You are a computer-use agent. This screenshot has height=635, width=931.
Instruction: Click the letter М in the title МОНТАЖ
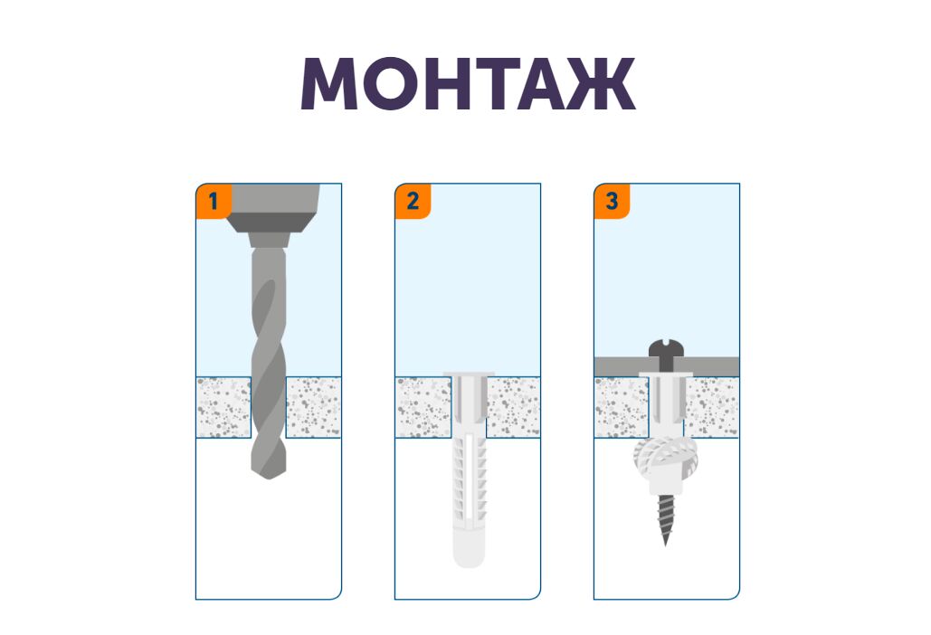pyautogui.click(x=329, y=84)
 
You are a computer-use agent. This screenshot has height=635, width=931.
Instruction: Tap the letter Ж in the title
pyautogui.click(x=601, y=84)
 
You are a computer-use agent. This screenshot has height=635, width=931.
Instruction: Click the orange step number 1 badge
pyautogui.click(x=214, y=201)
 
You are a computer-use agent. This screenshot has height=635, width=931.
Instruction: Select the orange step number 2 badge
pyautogui.click(x=413, y=201)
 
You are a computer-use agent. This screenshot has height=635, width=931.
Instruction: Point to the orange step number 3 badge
pyautogui.click(x=612, y=201)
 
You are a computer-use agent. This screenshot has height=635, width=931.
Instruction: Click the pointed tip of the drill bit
pyautogui.click(x=269, y=477)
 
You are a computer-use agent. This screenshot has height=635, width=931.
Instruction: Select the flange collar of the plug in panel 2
pyautogui.click(x=469, y=374)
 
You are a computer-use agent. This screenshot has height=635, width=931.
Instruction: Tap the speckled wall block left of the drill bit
pyautogui.click(x=223, y=408)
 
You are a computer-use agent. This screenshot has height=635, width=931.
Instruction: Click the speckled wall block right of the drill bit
pyautogui.click(x=313, y=408)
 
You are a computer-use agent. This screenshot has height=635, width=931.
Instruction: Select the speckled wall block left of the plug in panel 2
pyautogui.click(x=423, y=408)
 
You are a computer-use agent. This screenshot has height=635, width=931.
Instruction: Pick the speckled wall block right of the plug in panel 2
pyautogui.click(x=514, y=408)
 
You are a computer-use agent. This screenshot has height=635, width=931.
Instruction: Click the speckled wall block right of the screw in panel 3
pyautogui.click(x=712, y=408)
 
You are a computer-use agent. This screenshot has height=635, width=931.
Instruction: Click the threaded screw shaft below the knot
pyautogui.click(x=666, y=514)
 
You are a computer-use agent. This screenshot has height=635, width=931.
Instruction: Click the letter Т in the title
pyautogui.click(x=497, y=84)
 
